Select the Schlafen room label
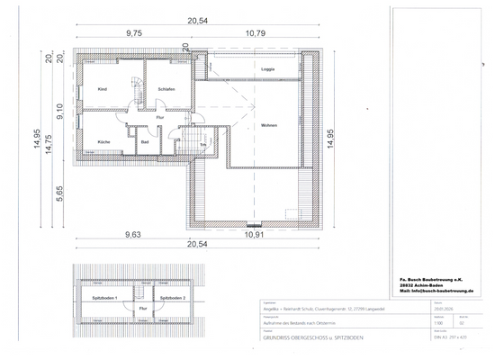tap(166, 90)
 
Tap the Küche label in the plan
tap(103, 142)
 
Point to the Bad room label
tap(144, 142)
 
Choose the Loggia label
tap(267, 69)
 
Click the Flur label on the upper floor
tap(159, 117)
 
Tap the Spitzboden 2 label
tap(173, 297)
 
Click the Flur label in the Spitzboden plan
tap(142, 309)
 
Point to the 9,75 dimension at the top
tap(133, 32)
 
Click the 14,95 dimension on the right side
tap(330, 135)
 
